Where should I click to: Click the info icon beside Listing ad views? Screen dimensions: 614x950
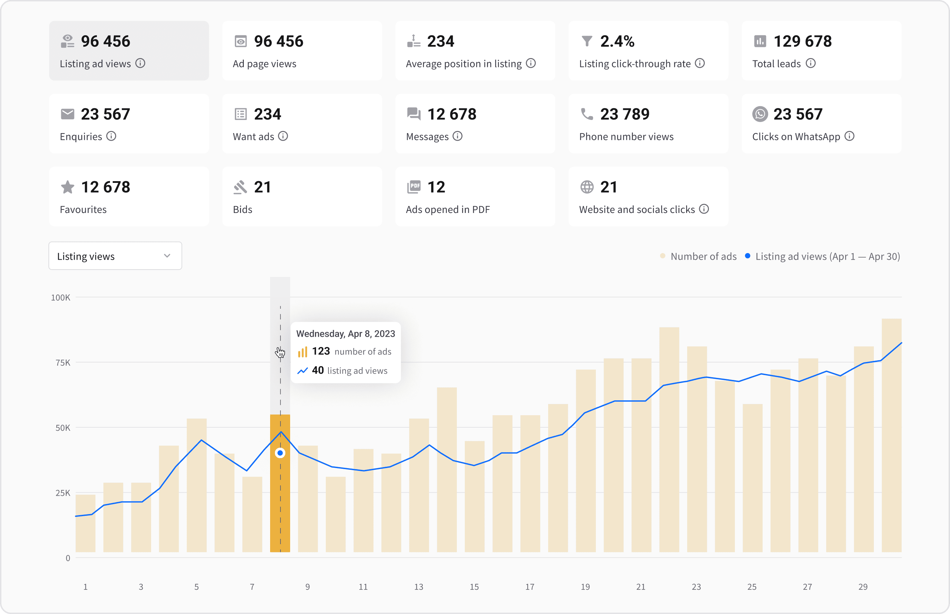[x=140, y=63]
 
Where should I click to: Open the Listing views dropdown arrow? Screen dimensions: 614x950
[x=167, y=256]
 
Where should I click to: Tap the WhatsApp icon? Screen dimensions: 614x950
[x=760, y=114]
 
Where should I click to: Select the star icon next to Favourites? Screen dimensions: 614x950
[x=67, y=187]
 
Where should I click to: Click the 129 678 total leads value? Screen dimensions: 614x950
[x=802, y=41]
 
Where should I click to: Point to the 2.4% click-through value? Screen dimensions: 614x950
[x=617, y=41]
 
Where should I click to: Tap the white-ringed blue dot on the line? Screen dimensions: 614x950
[x=280, y=453]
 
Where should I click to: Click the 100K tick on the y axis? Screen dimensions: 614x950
[x=61, y=297]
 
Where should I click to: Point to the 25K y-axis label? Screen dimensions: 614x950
[x=63, y=493]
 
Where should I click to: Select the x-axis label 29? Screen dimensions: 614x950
[x=863, y=586]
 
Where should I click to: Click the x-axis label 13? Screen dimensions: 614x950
[x=418, y=586]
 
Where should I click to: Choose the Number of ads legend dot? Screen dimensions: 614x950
[x=663, y=256]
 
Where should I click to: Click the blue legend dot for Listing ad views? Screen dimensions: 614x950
[x=747, y=256]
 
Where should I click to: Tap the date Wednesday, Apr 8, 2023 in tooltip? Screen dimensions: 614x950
[x=345, y=334]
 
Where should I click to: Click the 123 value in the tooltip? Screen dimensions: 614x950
[x=321, y=351]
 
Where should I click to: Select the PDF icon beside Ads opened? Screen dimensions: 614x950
[x=414, y=187]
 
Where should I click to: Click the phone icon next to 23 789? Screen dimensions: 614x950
[x=587, y=114]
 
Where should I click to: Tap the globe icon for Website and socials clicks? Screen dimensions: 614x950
[x=587, y=187]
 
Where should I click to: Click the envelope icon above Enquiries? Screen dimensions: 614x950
[x=67, y=114]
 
